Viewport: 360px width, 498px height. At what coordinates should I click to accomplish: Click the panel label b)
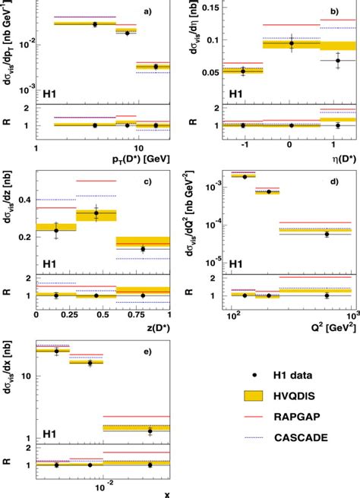(334, 13)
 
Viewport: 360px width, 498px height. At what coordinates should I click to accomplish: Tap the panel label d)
(334, 180)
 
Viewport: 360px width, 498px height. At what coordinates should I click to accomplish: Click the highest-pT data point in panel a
(156, 67)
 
